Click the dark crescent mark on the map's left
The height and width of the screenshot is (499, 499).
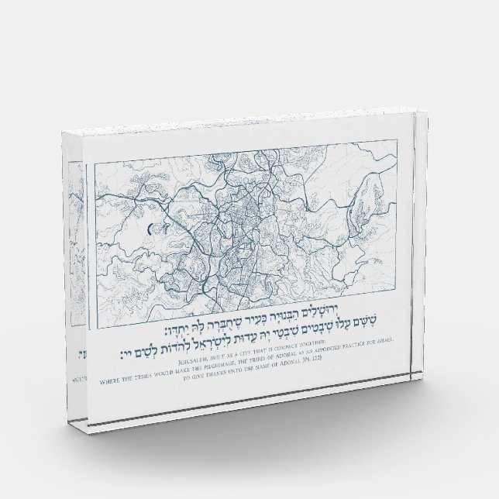[x=146, y=229]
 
